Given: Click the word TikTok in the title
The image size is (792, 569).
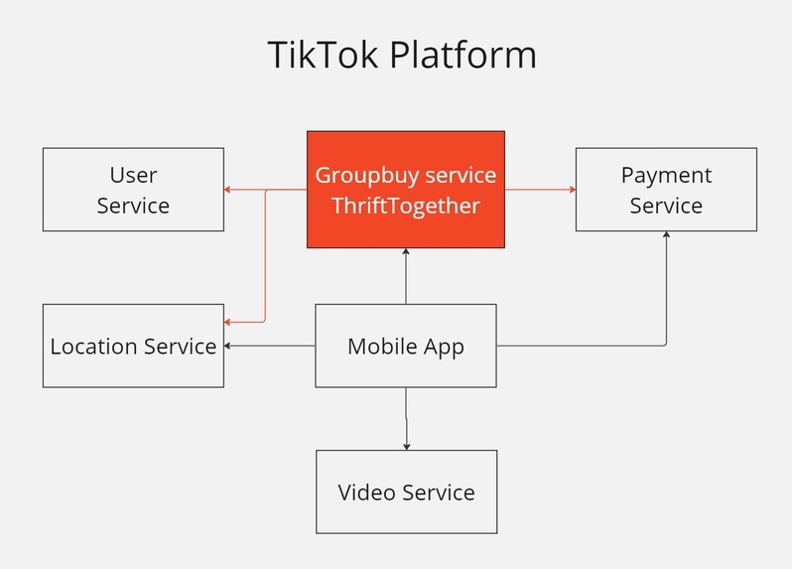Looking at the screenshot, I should tap(324, 55).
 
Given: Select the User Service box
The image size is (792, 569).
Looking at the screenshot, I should tap(133, 190).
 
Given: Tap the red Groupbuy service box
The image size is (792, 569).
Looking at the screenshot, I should tap(405, 190).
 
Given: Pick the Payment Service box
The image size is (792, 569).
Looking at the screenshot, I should tap(666, 190).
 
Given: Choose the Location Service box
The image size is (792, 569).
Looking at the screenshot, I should tap(133, 346).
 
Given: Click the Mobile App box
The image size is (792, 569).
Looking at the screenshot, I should tap(405, 346).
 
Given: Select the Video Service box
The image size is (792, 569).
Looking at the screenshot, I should tap(405, 492).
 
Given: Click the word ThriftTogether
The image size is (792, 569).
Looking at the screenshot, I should tap(405, 206).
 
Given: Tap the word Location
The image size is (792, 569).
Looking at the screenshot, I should tap(93, 346).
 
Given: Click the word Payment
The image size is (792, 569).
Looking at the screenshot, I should tap(666, 176).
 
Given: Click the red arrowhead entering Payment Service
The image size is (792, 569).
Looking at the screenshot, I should tap(572, 190).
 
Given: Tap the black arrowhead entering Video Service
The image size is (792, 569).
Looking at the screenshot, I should tap(406, 446).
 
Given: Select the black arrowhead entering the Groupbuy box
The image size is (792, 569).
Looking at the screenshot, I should tap(406, 252).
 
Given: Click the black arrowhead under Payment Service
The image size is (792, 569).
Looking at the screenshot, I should tap(666, 236).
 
